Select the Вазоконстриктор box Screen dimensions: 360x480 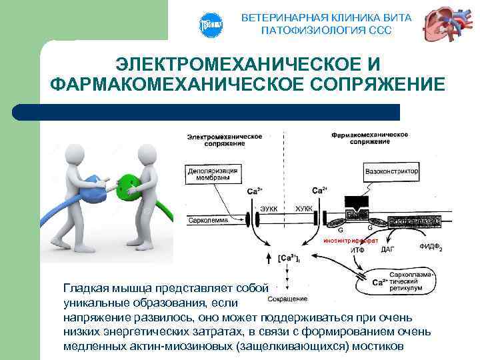click(392, 171)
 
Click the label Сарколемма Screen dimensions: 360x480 click(208, 219)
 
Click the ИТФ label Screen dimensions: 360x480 click(357, 250)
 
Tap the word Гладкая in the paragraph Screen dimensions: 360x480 click(84, 288)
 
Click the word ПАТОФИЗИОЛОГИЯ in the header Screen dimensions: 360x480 click(300, 31)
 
